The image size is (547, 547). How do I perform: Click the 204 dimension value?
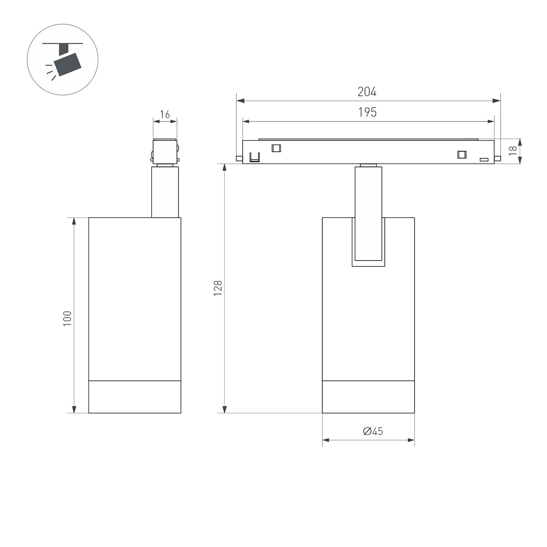367,92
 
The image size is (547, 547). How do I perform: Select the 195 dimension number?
367,113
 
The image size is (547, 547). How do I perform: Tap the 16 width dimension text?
165,115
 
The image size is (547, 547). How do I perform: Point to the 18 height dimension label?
513,150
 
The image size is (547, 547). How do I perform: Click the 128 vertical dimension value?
218,288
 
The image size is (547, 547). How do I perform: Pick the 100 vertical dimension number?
67,319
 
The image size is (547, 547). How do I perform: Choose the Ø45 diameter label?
373,431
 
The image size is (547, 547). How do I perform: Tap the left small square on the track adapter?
276,148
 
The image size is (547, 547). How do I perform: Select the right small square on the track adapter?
462,154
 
